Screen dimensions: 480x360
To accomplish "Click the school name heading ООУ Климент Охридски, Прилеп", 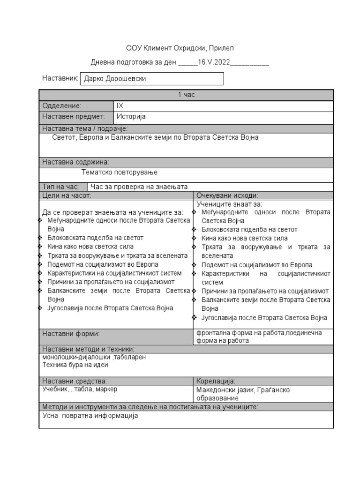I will point(180,48).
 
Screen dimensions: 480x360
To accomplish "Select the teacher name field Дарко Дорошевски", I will point(152,79).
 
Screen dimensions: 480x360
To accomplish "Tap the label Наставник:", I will point(60,78).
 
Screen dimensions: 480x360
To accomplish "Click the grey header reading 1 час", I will point(186,95).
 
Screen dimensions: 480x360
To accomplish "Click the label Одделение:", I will point(62,106).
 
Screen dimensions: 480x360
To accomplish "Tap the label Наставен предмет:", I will point(73,117).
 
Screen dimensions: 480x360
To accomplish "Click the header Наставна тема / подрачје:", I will point(85,128).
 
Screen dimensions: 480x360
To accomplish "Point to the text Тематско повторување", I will point(119,172).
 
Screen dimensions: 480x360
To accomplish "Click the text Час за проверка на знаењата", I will point(139,187).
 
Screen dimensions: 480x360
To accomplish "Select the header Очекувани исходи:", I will point(227,195).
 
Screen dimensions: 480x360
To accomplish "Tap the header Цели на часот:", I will point(67,195).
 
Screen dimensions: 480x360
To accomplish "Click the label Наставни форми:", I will point(71,334).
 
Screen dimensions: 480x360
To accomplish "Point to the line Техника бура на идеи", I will point(75,364).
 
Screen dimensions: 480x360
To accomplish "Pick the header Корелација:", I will point(216,381).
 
